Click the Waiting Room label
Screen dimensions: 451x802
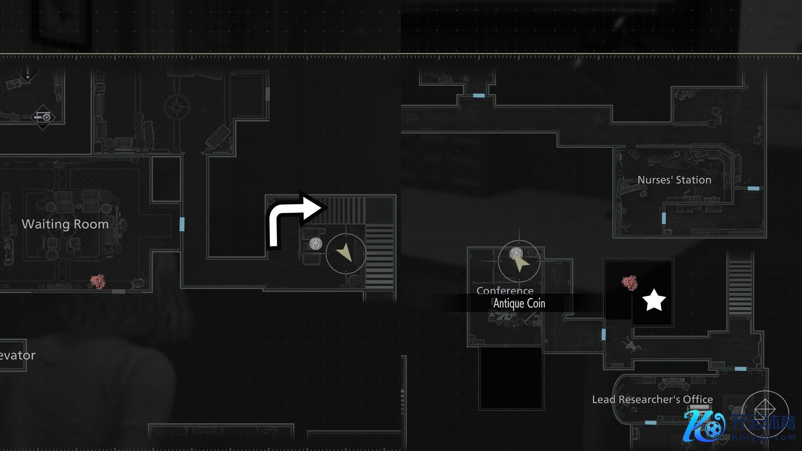65,224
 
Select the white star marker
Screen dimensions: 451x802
653,300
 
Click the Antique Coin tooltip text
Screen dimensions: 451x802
519,304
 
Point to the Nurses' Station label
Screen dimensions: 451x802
674,180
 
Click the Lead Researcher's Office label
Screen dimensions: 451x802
652,400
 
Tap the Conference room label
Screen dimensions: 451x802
505,290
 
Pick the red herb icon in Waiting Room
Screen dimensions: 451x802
98,281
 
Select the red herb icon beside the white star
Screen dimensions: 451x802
629,283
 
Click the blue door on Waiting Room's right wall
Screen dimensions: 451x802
182,224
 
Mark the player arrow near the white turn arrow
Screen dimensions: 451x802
345,253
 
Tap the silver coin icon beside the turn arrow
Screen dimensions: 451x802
316,243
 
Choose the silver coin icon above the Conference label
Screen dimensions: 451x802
517,253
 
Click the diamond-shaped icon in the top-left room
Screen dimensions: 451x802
43,117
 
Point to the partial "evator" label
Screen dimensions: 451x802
18,355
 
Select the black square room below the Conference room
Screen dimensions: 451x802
511,378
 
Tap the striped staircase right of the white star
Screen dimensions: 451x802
740,288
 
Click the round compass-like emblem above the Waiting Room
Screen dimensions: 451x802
177,107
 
